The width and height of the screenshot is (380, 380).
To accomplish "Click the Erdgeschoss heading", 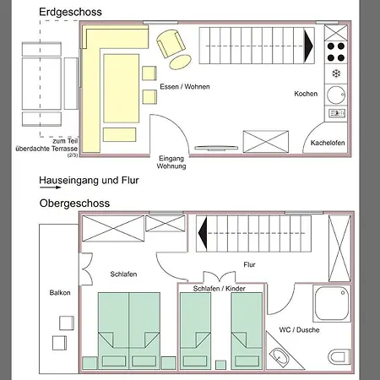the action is pos(70,13).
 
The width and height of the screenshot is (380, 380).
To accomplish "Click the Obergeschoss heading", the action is pos(74,204).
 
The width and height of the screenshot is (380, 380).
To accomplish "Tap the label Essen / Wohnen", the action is pos(185,87).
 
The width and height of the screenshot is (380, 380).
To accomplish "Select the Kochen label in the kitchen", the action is pos(306,94).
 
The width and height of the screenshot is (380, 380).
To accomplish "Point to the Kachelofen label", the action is pos(328,143).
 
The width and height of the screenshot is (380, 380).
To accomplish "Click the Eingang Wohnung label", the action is pos(171,162).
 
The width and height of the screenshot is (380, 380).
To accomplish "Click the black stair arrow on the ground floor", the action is pos(308,46).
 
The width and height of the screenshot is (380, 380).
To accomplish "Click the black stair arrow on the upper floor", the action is pos(203,233).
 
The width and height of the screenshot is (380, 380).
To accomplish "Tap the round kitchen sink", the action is pos(336,95).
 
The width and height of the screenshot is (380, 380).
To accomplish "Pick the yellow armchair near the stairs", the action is pos(171,44).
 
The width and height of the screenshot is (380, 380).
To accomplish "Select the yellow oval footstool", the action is pos(181,62).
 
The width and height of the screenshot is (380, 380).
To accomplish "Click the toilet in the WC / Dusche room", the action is pos(339,356).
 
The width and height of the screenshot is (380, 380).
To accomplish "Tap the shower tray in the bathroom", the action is pos(332,303).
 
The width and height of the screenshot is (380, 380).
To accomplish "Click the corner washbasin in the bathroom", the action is pos(279,356).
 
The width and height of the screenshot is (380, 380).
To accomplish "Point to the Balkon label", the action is pos(60,293).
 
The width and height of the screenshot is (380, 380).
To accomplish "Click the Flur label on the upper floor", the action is pos(249,264).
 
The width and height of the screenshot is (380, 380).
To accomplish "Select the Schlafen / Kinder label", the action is pos(219,289).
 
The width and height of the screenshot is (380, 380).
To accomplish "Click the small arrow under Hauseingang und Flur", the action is pos(50,187).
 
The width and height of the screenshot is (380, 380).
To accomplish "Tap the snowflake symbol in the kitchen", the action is pos(336,73).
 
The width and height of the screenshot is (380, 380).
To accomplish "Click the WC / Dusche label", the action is pos(299,330).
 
